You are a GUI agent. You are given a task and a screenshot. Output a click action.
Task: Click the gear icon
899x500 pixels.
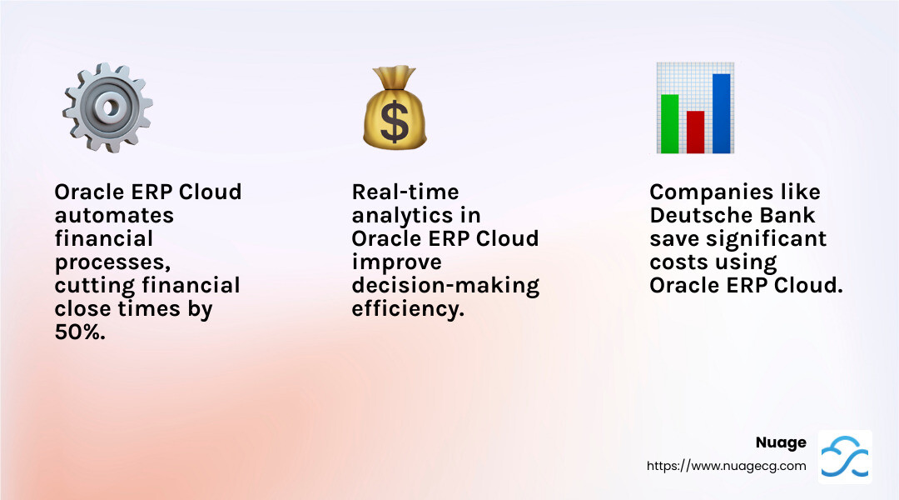pyautogui.click(x=107, y=107)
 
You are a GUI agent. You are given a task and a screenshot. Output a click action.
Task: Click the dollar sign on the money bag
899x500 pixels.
pyautogui.click(x=395, y=121)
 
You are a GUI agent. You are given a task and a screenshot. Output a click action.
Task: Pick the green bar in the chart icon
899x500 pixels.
pyautogui.click(x=669, y=124)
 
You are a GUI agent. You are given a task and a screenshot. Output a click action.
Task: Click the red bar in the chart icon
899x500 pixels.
pyautogui.click(x=695, y=132)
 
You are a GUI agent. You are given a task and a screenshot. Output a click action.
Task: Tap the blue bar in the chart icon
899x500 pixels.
pyautogui.click(x=721, y=113)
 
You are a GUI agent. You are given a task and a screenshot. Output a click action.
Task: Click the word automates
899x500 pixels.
pyautogui.click(x=114, y=215)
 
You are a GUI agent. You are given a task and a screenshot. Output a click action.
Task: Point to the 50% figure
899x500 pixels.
pyautogui.click(x=80, y=332)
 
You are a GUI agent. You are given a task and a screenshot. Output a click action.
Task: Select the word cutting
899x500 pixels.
pyautogui.click(x=95, y=286)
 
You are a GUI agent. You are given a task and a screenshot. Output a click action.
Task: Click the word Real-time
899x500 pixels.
pyautogui.click(x=405, y=192)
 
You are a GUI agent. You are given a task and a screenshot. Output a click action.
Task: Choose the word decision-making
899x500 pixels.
pyautogui.click(x=445, y=286)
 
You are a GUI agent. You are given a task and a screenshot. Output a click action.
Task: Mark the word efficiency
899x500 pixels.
pyautogui.click(x=408, y=309)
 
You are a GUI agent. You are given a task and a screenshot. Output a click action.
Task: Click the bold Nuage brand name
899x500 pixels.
pyautogui.click(x=781, y=442)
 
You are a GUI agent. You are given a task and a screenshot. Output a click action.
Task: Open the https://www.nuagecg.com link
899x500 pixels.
pyautogui.click(x=727, y=466)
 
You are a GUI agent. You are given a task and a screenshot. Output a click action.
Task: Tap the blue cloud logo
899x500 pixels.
pyautogui.click(x=845, y=457)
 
